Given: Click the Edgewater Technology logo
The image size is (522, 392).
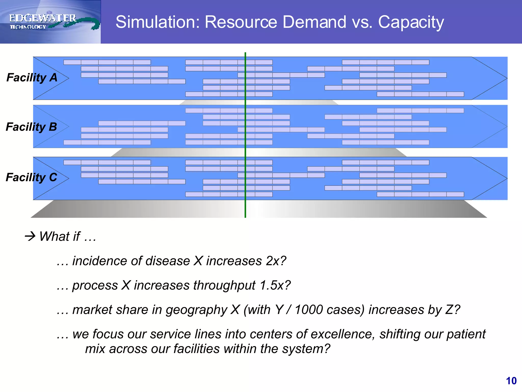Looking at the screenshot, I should click(51, 22).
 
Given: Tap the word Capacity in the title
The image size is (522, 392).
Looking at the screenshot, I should click(411, 22).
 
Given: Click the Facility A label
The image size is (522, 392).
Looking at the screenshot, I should click(32, 78).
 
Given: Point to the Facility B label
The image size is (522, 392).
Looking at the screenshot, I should click(31, 127).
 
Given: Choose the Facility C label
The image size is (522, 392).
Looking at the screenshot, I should click(31, 177).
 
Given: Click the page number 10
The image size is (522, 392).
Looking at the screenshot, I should click(511, 381).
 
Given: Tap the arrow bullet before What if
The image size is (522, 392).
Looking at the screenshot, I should click(30, 236).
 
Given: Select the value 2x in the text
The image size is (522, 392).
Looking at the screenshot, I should click(273, 261).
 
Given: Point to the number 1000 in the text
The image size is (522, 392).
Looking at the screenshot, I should click(308, 310).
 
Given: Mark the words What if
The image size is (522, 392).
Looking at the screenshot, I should click(60, 236).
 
